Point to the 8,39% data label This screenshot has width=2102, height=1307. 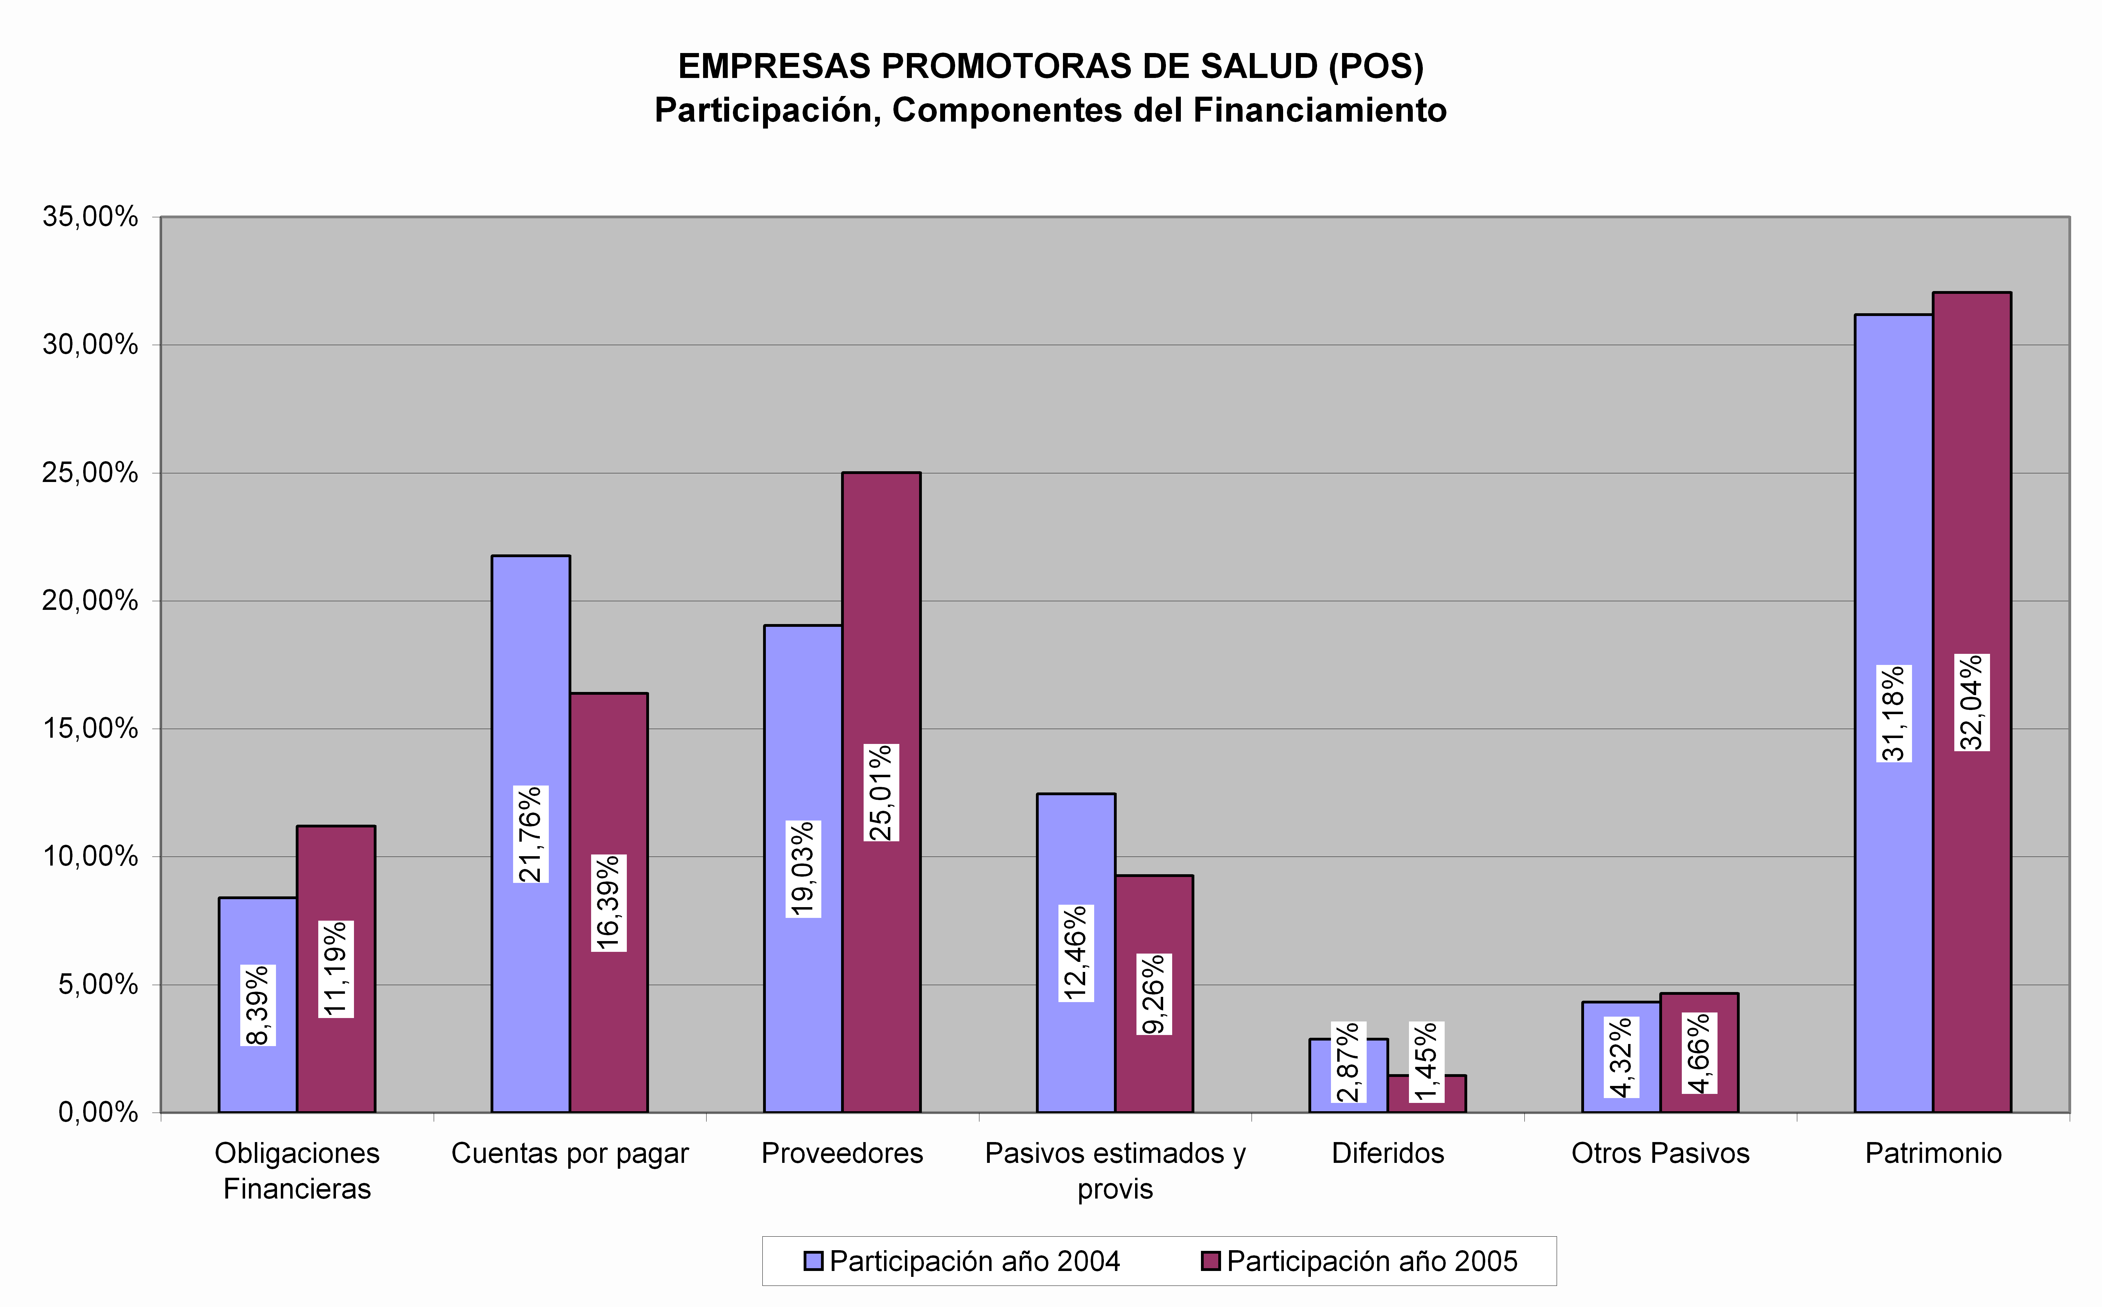click(258, 1005)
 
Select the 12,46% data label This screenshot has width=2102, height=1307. click(1076, 954)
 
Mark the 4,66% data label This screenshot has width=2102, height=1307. click(1699, 1053)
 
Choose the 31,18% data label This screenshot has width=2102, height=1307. click(1894, 713)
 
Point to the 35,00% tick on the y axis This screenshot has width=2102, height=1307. click(90, 217)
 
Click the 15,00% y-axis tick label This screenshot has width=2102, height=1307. click(90, 729)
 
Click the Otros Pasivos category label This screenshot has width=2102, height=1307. click(1660, 1153)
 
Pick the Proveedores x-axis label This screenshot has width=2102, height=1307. click(842, 1153)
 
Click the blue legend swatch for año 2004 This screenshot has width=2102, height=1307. click(813, 1261)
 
